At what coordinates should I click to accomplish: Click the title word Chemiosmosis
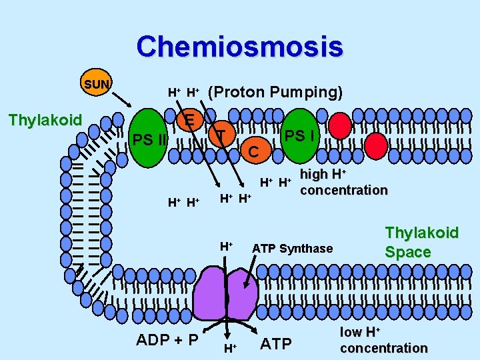point(239,47)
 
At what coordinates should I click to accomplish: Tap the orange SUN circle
point(97,85)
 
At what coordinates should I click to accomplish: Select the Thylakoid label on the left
point(44,120)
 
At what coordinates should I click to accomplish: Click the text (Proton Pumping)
point(276,92)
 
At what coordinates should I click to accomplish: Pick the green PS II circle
point(149,141)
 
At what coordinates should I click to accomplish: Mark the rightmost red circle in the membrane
point(376,143)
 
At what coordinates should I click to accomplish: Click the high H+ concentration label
point(343,182)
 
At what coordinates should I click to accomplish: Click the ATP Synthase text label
point(292,249)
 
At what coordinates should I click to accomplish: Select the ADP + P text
point(167,340)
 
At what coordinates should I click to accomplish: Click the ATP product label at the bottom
point(275,344)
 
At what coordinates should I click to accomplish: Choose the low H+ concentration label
point(383,340)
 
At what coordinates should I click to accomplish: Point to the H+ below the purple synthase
point(229,347)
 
